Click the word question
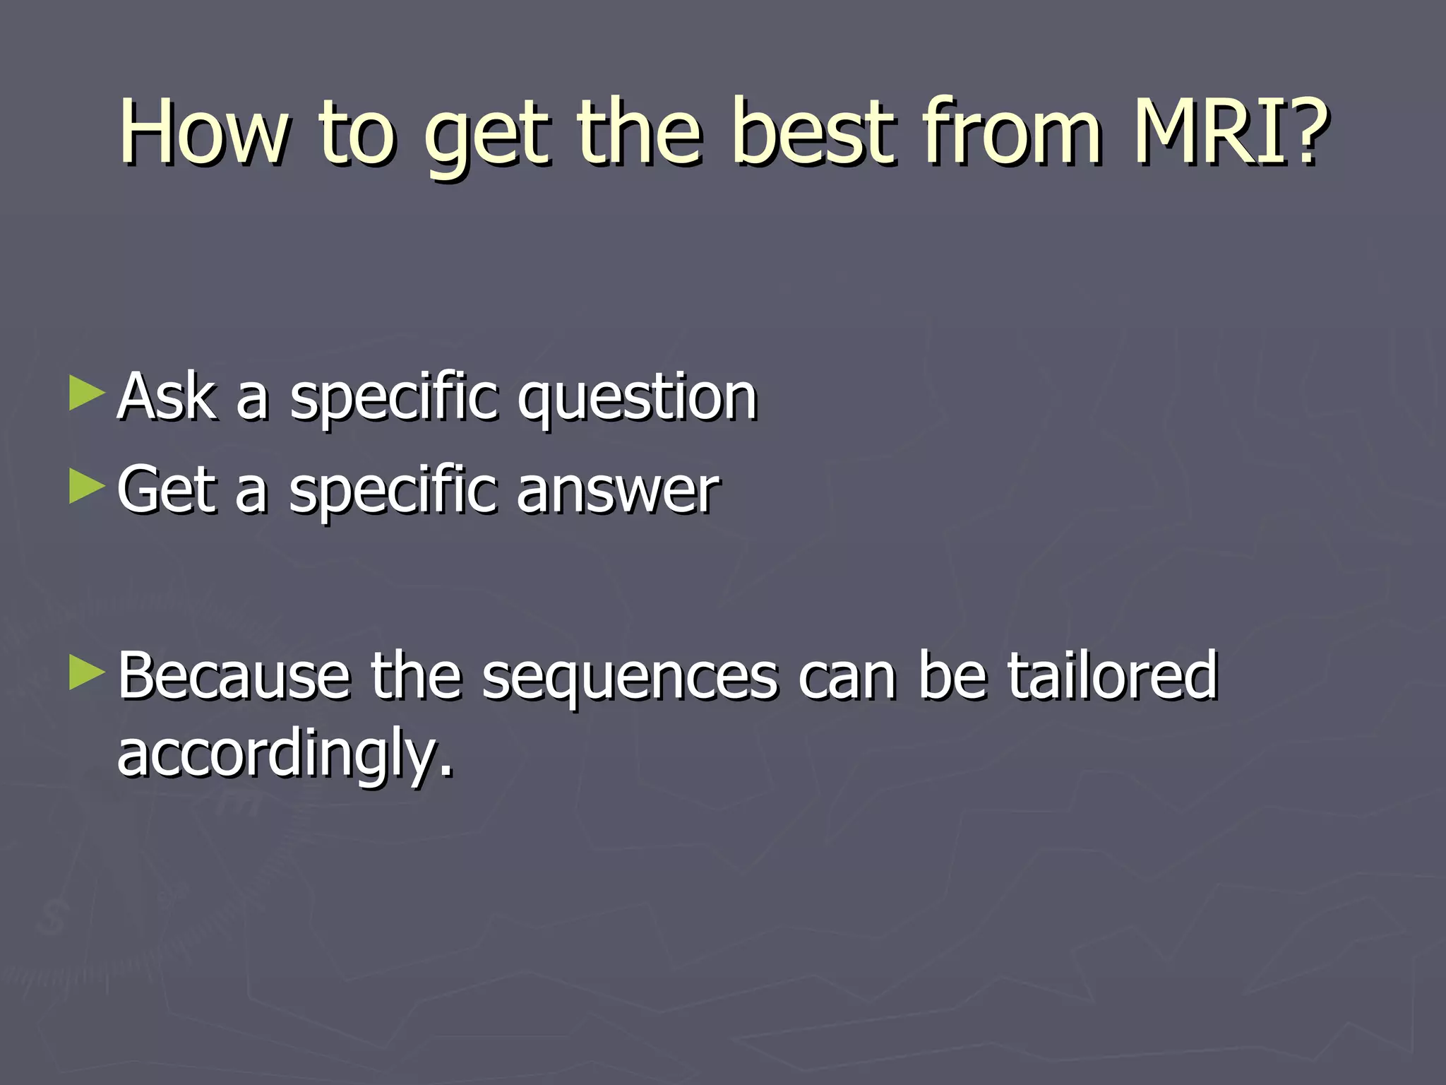(637, 400)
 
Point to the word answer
(618, 490)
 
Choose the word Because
(234, 676)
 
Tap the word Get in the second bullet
(167, 489)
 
